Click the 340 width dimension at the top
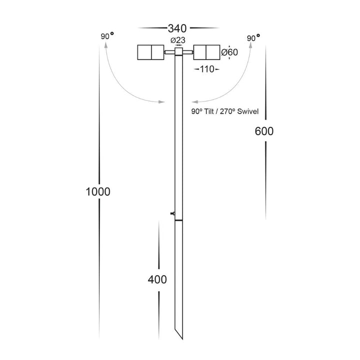178,28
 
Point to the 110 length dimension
205,69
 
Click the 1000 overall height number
97,191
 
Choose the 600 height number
263,131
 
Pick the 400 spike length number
157,279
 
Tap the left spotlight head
149,52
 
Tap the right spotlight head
205,52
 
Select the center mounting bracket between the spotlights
177,52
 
